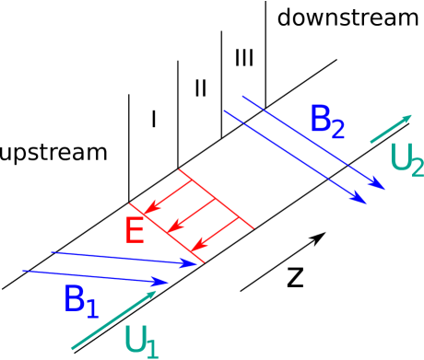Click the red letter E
[134, 230]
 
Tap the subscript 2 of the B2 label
[337, 131]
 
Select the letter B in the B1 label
[75, 299]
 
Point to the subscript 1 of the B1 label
[92, 309]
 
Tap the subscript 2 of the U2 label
[417, 167]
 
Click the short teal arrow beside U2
[391, 129]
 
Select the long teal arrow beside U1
[111, 322]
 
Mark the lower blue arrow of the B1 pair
[92, 276]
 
